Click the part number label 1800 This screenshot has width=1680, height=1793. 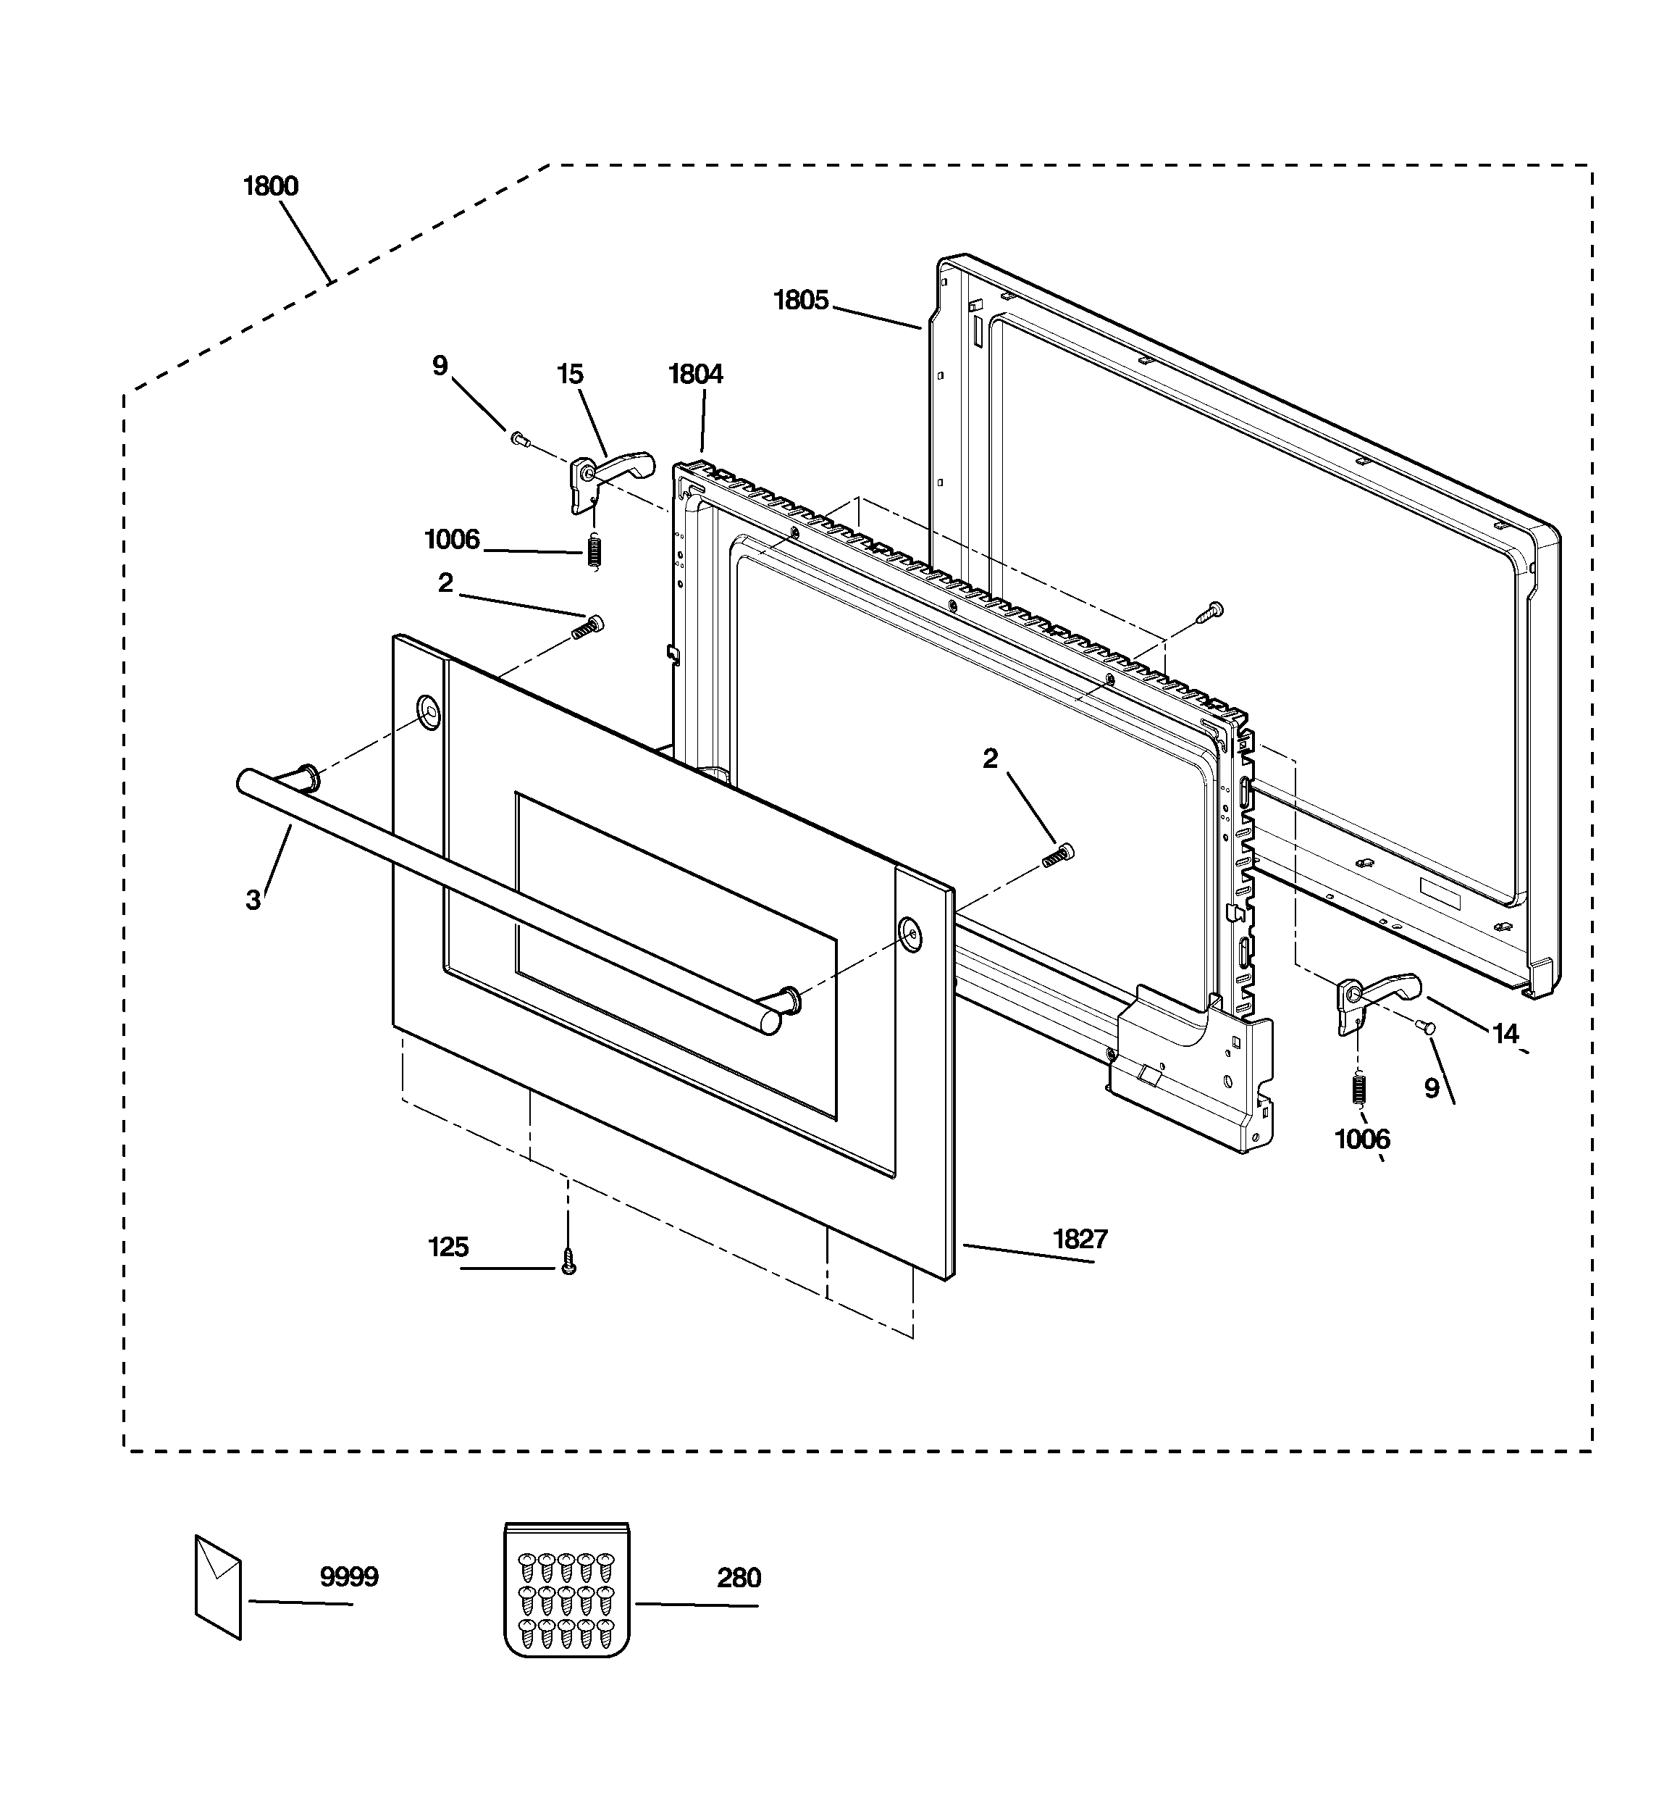(271, 187)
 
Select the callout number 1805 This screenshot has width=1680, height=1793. (801, 301)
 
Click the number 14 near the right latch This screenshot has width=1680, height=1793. (1505, 1034)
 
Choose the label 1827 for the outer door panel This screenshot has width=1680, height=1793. (1080, 1240)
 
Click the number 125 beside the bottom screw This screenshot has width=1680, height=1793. (448, 1247)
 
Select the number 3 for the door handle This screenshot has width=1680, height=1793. (253, 899)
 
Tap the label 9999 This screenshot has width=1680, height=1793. (349, 1577)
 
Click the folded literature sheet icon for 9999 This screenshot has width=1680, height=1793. (218, 1587)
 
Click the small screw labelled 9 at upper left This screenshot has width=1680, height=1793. (518, 438)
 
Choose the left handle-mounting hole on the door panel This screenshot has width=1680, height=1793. (429, 711)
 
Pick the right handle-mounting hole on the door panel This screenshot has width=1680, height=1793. (910, 934)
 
